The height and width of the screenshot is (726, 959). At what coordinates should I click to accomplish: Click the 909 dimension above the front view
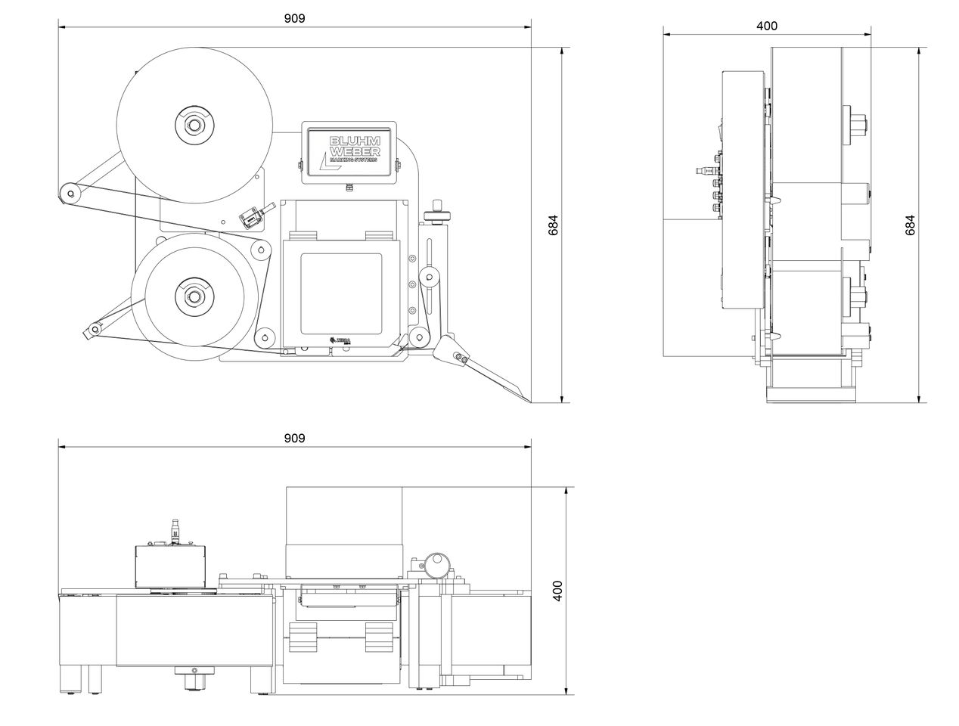(x=295, y=18)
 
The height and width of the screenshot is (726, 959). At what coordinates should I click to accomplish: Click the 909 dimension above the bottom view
(x=295, y=439)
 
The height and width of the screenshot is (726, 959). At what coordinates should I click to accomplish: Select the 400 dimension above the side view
(x=766, y=26)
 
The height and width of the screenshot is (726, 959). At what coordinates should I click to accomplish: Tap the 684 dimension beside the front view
(x=554, y=225)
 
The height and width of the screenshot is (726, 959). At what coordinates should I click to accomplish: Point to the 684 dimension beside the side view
(x=911, y=225)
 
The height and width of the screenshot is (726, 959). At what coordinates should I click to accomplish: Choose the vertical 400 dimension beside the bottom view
(x=557, y=591)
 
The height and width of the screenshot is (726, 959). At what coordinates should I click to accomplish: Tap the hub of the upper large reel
(x=194, y=123)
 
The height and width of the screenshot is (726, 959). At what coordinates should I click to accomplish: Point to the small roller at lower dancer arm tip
(x=94, y=329)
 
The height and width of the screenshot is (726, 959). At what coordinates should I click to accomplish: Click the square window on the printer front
(x=342, y=293)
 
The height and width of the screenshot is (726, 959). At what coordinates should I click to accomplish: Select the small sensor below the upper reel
(x=251, y=218)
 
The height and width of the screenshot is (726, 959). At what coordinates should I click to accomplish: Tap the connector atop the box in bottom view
(x=175, y=529)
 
